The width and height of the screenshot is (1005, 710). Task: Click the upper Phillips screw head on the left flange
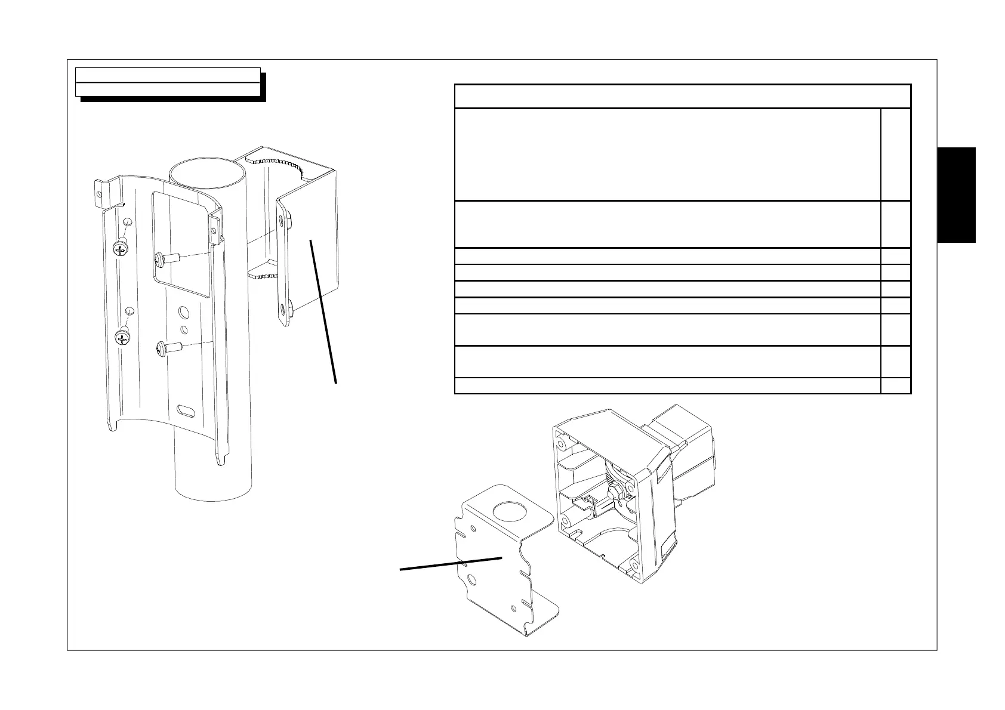click(x=122, y=249)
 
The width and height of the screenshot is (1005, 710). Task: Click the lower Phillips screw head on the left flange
click(x=123, y=339)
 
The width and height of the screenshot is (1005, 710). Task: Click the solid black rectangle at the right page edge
click(x=956, y=195)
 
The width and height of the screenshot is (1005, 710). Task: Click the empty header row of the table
click(x=682, y=96)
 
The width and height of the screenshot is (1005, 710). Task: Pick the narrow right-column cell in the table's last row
click(x=895, y=385)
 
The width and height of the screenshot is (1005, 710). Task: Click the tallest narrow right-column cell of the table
click(x=895, y=155)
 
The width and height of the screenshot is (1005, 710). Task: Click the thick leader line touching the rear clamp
click(x=323, y=310)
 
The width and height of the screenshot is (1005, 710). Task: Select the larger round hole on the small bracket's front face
click(x=472, y=579)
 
